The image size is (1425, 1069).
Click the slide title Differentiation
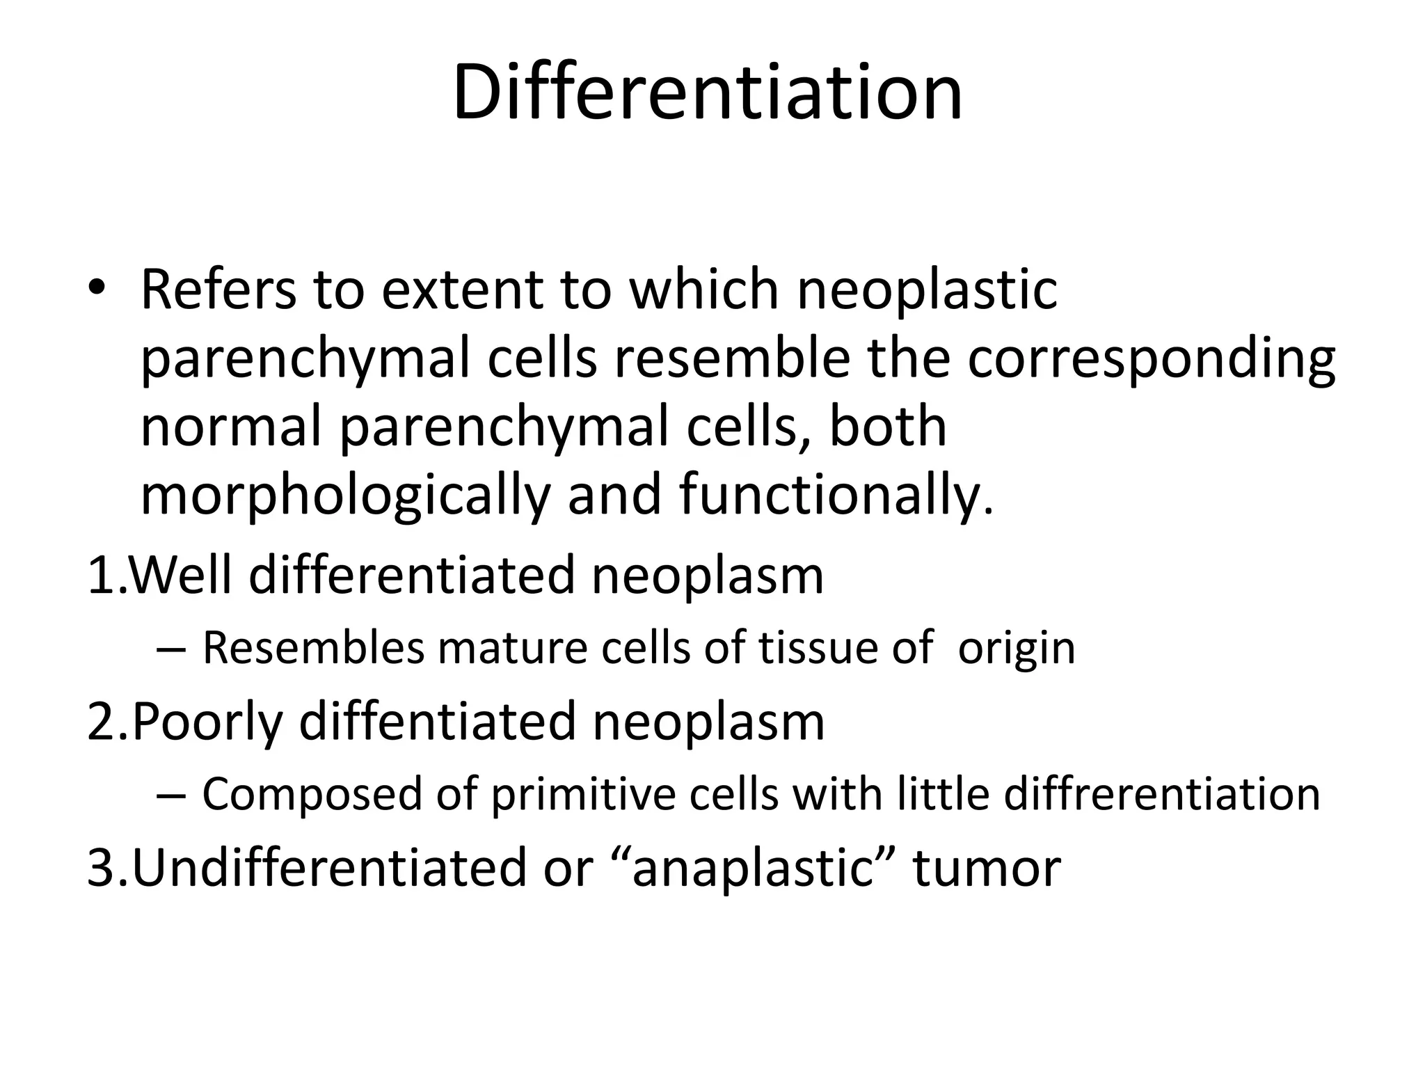(x=708, y=93)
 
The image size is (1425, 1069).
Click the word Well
(x=182, y=575)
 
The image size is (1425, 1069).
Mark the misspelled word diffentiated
(x=438, y=722)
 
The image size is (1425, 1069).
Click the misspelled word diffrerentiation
(x=1161, y=794)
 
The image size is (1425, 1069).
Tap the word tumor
(x=987, y=869)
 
